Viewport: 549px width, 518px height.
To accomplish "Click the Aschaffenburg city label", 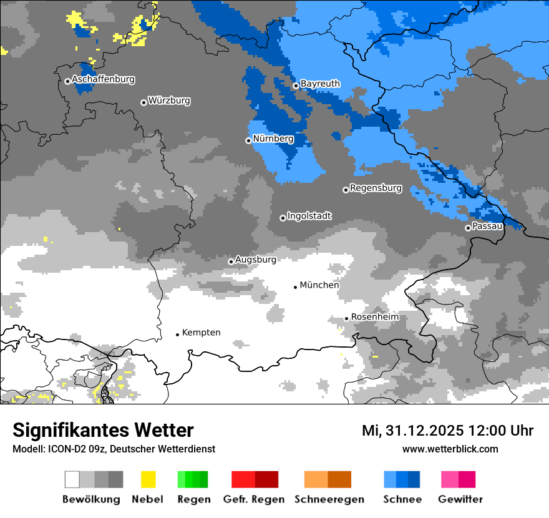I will click(103, 80).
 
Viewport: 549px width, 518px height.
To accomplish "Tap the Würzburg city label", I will click(169, 100).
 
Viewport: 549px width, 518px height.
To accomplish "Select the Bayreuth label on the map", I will click(320, 84).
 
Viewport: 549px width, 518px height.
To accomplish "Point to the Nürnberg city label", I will click(273, 139).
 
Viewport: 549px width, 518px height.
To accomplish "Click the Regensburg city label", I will click(376, 188).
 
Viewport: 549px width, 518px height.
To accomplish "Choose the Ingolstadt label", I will click(309, 216).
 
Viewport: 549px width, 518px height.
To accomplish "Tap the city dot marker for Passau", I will click(468, 228).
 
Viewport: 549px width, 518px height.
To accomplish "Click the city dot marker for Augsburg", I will click(231, 261).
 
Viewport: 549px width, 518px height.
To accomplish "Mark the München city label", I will click(319, 285).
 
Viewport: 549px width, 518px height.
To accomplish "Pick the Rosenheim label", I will click(374, 317).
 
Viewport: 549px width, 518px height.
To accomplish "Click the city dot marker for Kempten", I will click(177, 335).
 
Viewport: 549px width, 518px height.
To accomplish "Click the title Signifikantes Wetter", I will click(103, 431).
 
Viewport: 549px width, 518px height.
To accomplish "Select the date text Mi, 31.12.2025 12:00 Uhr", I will click(447, 431).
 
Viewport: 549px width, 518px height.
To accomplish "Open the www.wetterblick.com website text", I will click(450, 449).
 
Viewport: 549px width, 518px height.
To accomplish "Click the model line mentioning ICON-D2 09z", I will click(114, 449).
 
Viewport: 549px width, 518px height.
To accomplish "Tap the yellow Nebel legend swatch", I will click(148, 479).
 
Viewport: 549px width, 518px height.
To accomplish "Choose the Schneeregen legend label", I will click(329, 499).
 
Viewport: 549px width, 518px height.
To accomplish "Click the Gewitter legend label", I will click(460, 499).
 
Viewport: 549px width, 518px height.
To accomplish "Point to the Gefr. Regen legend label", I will click(254, 499).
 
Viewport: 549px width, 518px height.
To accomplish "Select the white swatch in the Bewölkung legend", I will click(72, 479).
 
